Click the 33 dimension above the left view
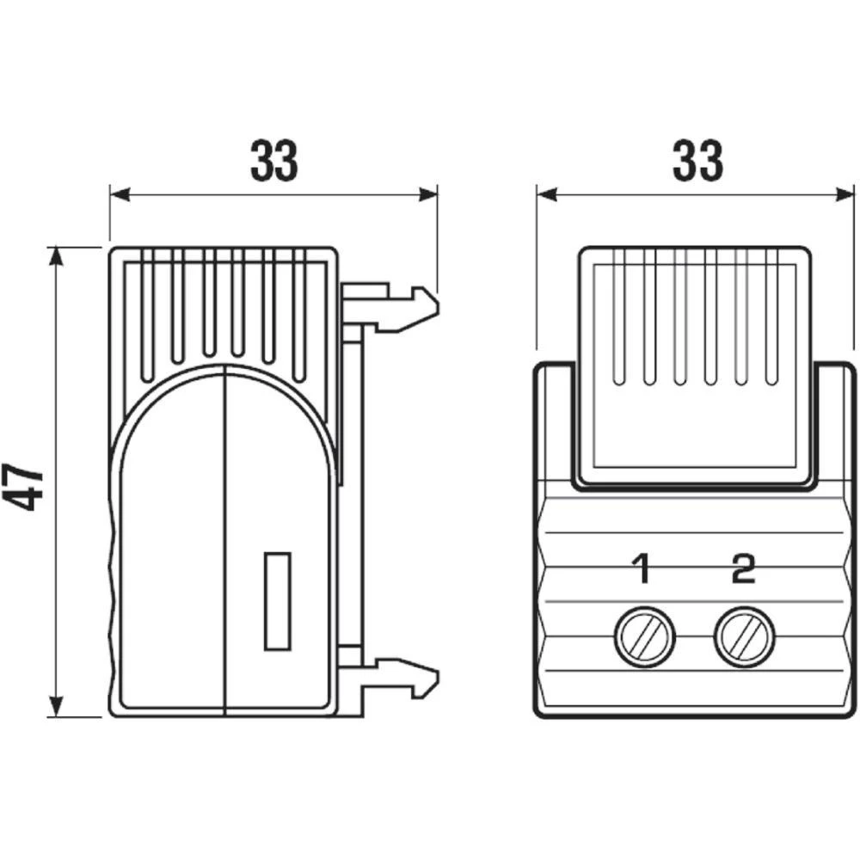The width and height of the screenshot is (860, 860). [x=273, y=160]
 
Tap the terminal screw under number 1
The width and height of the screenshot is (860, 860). [x=643, y=637]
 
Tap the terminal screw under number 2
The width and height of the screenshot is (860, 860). [x=743, y=637]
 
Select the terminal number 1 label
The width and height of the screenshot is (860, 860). [x=640, y=569]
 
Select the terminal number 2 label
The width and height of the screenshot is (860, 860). [x=742, y=569]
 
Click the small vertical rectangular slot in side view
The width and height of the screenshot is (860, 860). [x=276, y=600]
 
